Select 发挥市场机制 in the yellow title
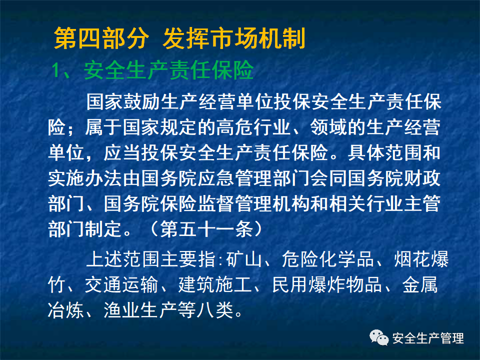[233, 39]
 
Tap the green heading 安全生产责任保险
[169, 71]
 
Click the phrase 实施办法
[85, 177]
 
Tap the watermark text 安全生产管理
[428, 338]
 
